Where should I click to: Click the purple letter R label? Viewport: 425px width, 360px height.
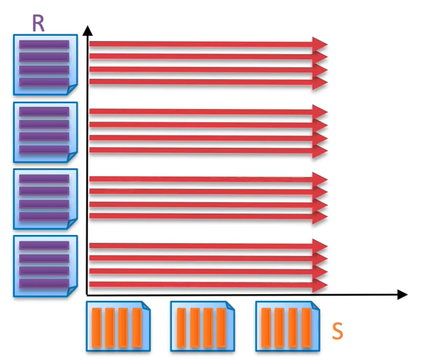point(39,22)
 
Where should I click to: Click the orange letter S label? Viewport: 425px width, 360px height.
point(337,331)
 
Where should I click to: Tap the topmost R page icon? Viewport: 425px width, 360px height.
point(45,64)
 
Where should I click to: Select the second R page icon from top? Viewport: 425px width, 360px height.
point(45,132)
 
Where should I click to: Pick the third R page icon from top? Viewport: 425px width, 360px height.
point(45,198)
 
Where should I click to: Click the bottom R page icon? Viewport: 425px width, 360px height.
point(45,265)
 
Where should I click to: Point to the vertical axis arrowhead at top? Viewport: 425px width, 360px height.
point(88,30)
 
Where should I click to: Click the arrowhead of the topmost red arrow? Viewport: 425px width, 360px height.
point(320,44)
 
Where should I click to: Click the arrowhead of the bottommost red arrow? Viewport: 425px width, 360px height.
point(320,284)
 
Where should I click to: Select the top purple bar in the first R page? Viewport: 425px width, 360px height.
point(44,45)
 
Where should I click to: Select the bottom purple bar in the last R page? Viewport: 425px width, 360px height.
point(44,283)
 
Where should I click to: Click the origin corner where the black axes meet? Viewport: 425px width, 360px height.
point(88,295)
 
